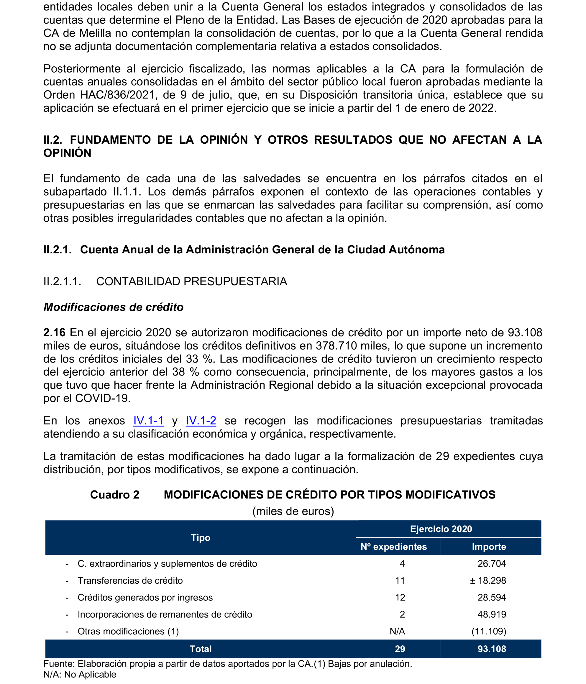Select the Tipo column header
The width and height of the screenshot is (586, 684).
(200, 538)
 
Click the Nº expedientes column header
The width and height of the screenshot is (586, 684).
(393, 547)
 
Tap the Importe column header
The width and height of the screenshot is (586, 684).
(489, 547)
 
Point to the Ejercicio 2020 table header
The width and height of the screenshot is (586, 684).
(441, 529)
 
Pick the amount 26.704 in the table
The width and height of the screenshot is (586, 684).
(492, 564)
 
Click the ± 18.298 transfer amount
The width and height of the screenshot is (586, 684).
(488, 580)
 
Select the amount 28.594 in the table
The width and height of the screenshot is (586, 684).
(492, 597)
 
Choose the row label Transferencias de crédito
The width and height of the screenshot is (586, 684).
(130, 580)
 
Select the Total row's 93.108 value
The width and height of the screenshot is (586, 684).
(492, 649)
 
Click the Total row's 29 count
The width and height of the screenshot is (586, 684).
(400, 649)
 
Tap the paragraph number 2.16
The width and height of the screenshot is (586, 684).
(55, 332)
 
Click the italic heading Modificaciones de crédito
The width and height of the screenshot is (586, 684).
(114, 307)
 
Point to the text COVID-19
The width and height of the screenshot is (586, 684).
(103, 398)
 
